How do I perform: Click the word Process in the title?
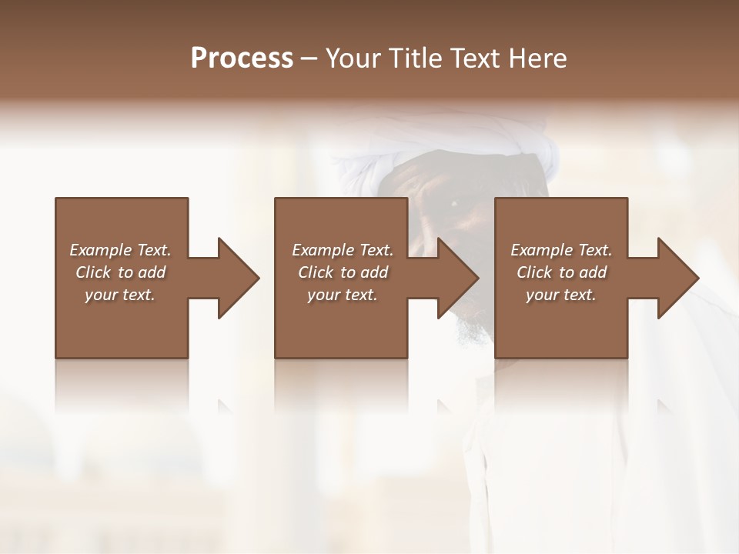pos(242,58)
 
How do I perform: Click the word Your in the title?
pos(353,58)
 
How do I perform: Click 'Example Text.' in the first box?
pos(120,250)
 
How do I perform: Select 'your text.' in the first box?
pos(120,295)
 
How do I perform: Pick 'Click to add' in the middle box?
pos(343,272)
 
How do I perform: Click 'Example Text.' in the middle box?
pos(343,250)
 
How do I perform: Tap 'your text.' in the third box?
pos(561,295)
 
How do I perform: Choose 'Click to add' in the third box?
pos(561,272)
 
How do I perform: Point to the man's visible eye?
pos(453,203)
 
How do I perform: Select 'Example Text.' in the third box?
pos(561,250)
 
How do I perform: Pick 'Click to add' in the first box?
pos(120,272)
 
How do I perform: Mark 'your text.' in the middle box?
pos(343,295)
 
